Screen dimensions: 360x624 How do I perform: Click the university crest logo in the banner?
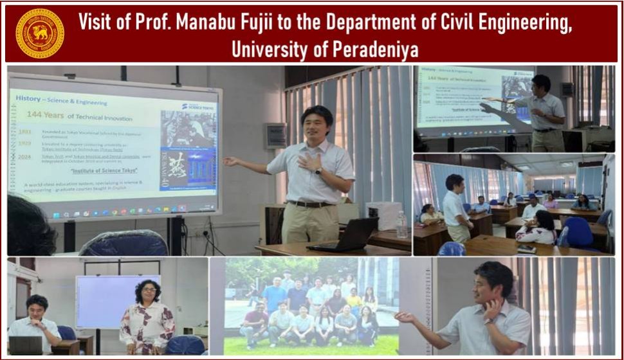click(40, 33)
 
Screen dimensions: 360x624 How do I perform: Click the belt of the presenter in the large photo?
click(309, 204)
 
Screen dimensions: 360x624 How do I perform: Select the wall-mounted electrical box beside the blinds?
click(275, 136)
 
